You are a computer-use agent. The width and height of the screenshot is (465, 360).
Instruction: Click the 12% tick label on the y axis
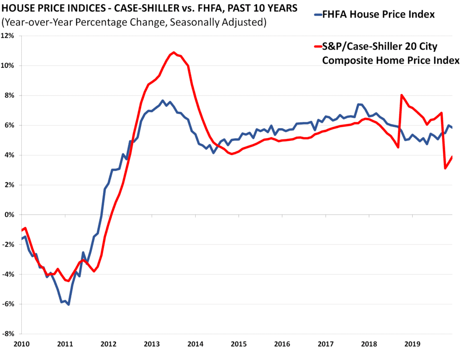pos(9,36)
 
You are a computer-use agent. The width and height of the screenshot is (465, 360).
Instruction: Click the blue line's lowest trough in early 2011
pos(69,304)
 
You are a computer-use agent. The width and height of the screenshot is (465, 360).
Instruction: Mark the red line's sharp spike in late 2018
pos(401,95)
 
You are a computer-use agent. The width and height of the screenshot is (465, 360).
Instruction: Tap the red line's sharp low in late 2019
pos(445,169)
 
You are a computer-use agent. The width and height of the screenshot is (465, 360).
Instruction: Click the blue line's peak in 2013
pos(163,100)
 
